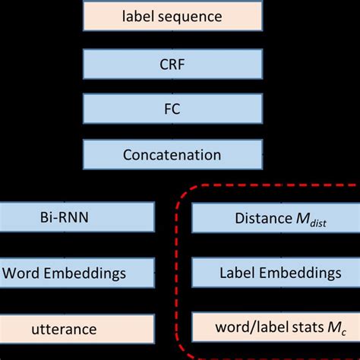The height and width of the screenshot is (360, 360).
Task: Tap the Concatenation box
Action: coord(172,155)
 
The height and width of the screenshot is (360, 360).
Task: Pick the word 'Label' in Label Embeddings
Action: coord(235,271)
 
